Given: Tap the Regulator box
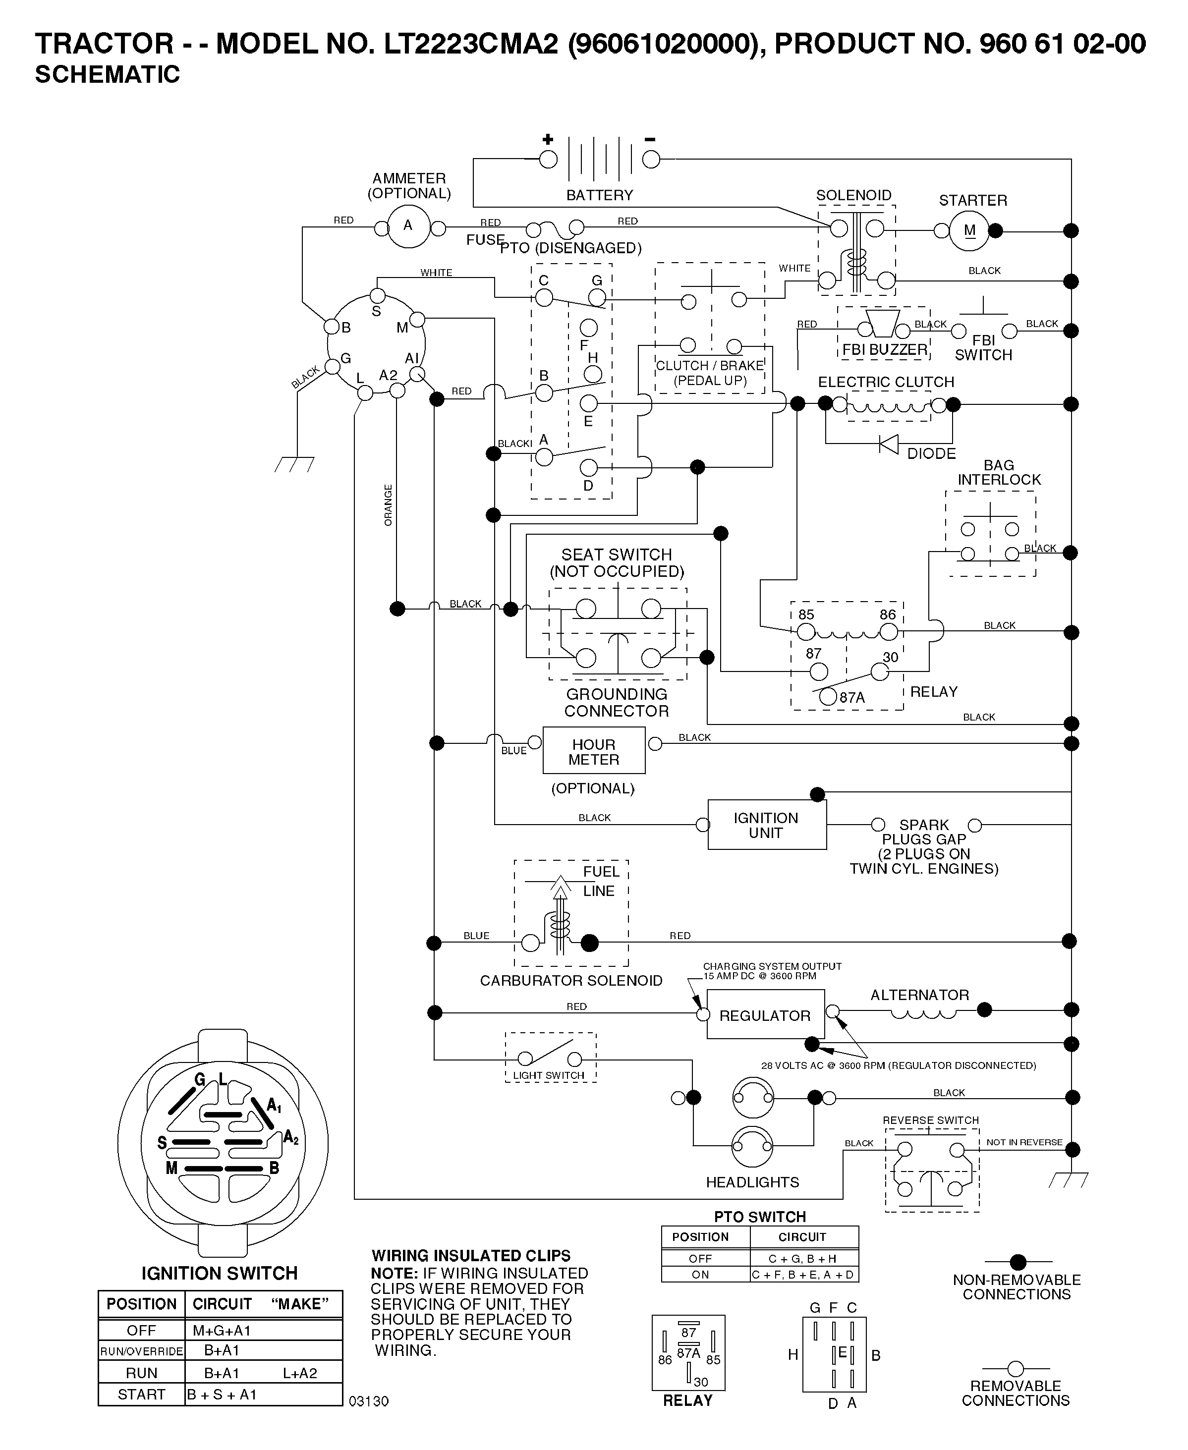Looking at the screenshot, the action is tap(765, 1015).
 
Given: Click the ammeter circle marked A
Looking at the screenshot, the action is tap(408, 226).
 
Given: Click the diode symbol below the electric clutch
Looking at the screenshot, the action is tap(888, 444).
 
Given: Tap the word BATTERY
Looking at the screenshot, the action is tap(600, 196).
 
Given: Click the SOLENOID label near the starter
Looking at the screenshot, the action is tap(853, 196).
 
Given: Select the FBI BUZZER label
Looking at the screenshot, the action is tap(884, 350).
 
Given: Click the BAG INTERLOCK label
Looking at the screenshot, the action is tap(999, 473).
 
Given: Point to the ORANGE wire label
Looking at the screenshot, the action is tap(388, 505).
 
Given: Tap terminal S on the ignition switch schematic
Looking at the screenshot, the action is tap(377, 296).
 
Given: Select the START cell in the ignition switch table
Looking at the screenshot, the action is tap(142, 1394).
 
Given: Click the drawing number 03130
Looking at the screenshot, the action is tap(369, 1401).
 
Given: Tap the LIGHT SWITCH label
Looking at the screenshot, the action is tap(549, 1075).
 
